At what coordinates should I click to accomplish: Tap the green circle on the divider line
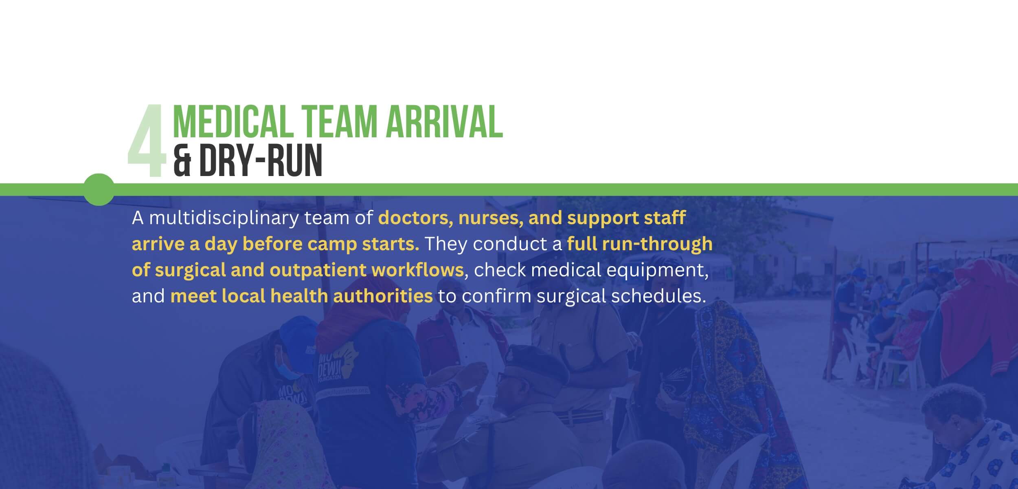[99, 189]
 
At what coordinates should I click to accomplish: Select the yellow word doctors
[415, 218]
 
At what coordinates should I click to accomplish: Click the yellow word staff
[665, 218]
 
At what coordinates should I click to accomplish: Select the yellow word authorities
[383, 296]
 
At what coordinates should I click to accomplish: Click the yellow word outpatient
[318, 270]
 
